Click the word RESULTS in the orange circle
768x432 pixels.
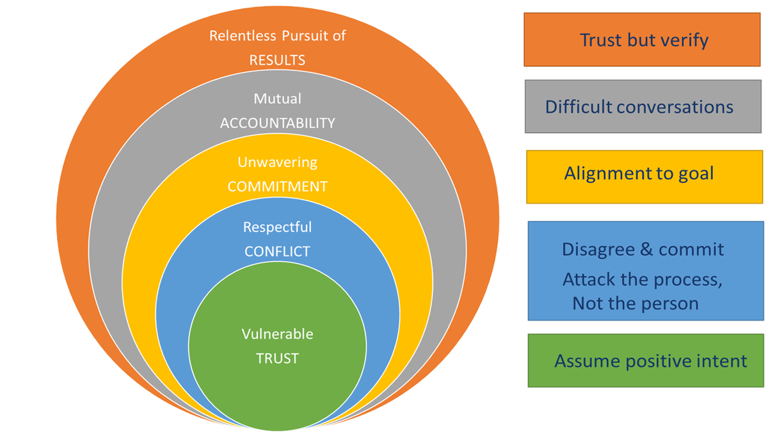pyautogui.click(x=277, y=60)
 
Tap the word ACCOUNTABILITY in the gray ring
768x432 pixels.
pyautogui.click(x=277, y=124)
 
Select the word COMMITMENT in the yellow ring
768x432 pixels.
pyautogui.click(x=277, y=187)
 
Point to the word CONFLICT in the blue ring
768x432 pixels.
pyautogui.click(x=277, y=252)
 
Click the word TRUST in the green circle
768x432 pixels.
pyautogui.click(x=277, y=358)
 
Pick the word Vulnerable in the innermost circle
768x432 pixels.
pyautogui.click(x=277, y=334)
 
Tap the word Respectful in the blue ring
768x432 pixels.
pyautogui.click(x=277, y=227)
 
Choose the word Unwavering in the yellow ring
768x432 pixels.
pyautogui.click(x=277, y=163)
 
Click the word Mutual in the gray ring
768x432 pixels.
pyautogui.click(x=277, y=99)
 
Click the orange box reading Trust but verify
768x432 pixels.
pyautogui.click(x=643, y=40)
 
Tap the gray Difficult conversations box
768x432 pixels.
pyautogui.click(x=643, y=106)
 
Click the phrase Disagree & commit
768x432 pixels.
pyautogui.click(x=643, y=248)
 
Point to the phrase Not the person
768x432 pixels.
pyautogui.click(x=635, y=303)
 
